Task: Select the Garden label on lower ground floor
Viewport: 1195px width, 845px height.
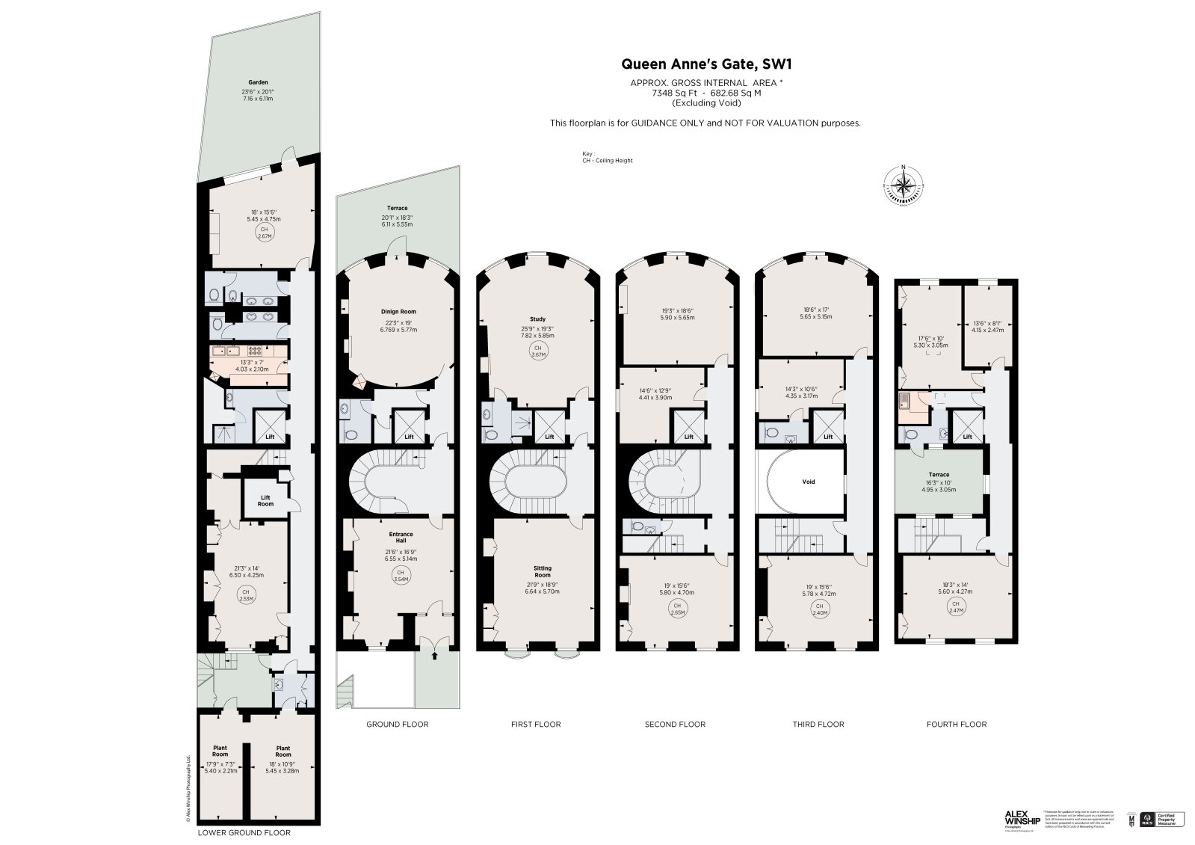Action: pyautogui.click(x=259, y=82)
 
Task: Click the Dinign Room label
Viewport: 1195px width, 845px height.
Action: pyautogui.click(x=398, y=311)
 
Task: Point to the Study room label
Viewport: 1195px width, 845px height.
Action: pyautogui.click(x=536, y=319)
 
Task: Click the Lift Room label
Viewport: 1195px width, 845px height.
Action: pyautogui.click(x=265, y=500)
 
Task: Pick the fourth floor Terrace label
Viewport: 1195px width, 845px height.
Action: pyautogui.click(x=939, y=475)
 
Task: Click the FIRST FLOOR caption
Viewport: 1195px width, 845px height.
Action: pyautogui.click(x=536, y=724)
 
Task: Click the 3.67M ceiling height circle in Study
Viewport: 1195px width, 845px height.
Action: pyautogui.click(x=536, y=351)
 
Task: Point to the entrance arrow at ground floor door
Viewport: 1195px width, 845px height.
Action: pyautogui.click(x=435, y=656)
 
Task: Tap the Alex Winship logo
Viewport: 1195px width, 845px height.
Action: pyautogui.click(x=1022, y=820)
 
